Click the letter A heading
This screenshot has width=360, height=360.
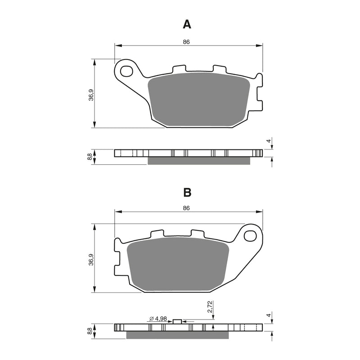(187, 24)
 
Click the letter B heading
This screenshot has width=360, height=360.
(187, 193)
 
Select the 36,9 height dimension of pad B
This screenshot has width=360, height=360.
(91, 260)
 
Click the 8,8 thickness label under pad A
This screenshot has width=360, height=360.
(90, 157)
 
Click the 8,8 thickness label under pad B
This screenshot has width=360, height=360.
(90, 331)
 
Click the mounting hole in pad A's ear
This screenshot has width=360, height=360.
(127, 71)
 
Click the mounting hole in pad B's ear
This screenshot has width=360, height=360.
(250, 236)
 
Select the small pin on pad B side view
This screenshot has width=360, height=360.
(177, 321)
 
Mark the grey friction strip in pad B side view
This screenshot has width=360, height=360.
(178, 335)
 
